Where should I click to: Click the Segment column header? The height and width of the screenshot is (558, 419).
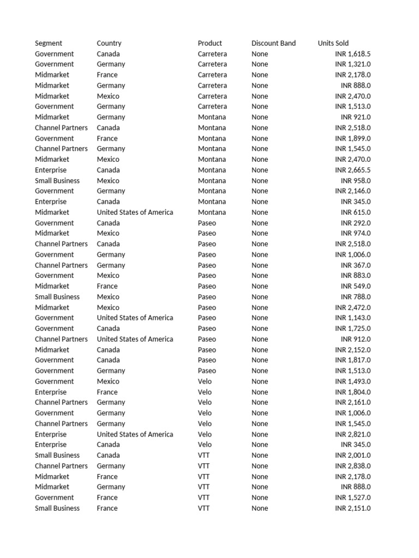pyautogui.click(x=49, y=43)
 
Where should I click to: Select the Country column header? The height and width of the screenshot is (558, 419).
pyautogui.click(x=109, y=43)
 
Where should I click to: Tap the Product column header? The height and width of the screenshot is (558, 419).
pyautogui.click(x=210, y=43)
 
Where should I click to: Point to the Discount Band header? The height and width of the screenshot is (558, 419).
pyautogui.click(x=273, y=43)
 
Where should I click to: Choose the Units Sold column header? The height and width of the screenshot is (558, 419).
pyautogui.click(x=333, y=43)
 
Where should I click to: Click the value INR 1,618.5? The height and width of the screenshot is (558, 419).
pyautogui.click(x=352, y=54)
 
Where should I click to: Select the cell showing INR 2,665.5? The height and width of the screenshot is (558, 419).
pyautogui.click(x=352, y=170)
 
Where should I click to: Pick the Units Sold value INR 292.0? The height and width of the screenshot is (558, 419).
pyautogui.click(x=356, y=223)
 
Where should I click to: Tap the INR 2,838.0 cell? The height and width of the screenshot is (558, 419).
pyautogui.click(x=352, y=466)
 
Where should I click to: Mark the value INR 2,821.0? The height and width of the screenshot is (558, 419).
pyautogui.click(x=352, y=434)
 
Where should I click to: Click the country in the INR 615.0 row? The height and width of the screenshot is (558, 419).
pyautogui.click(x=135, y=212)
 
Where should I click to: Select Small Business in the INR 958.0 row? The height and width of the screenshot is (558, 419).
pyautogui.click(x=57, y=180)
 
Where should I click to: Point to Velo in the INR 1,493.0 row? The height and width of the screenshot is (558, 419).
pyautogui.click(x=205, y=381)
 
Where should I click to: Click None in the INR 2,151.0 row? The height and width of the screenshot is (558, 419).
pyautogui.click(x=260, y=508)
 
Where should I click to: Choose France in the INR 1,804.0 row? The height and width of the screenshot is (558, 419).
pyautogui.click(x=107, y=392)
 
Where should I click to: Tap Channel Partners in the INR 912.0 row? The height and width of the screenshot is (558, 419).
pyautogui.click(x=61, y=339)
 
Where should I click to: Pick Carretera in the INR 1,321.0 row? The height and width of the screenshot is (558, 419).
pyautogui.click(x=212, y=64)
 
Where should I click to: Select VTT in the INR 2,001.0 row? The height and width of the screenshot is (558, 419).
pyautogui.click(x=203, y=455)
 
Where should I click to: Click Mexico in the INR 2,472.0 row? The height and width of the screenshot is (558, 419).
pyautogui.click(x=108, y=307)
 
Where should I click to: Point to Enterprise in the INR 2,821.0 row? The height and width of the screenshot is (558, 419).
pyautogui.click(x=51, y=434)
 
